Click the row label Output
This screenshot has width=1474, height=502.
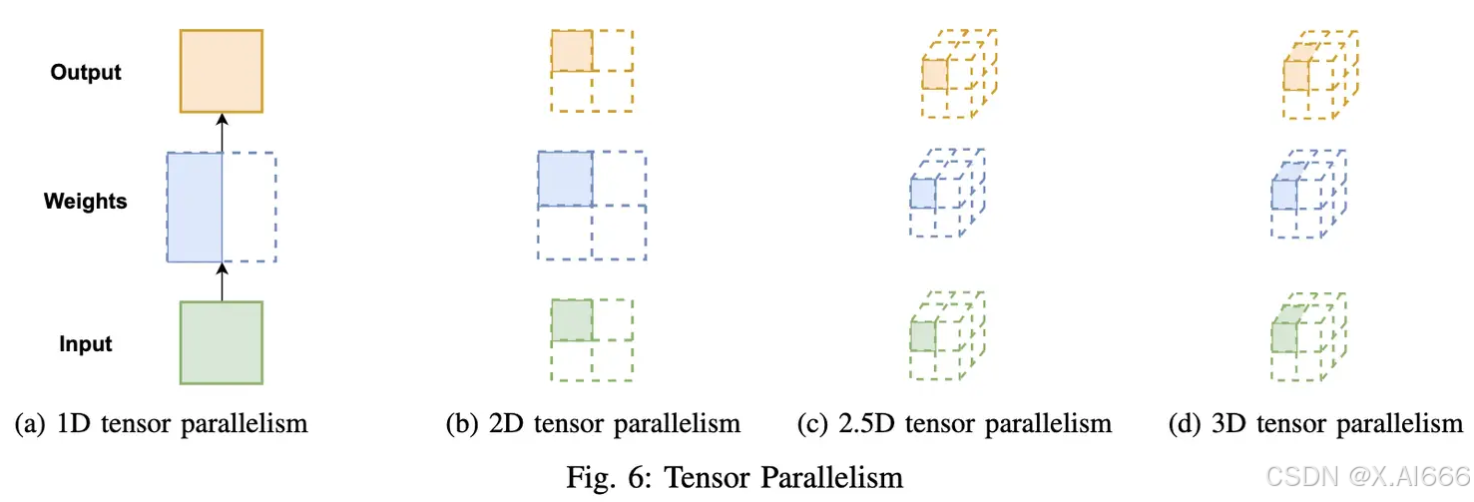86,73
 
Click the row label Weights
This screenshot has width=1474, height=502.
86,202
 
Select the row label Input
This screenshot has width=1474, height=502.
86,344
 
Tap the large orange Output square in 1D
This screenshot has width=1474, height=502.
221,71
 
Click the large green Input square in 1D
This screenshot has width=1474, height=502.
221,342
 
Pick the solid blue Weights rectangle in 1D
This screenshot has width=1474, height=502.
195,207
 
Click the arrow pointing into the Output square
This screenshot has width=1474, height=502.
222,131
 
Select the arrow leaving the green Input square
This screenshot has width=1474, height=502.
222,281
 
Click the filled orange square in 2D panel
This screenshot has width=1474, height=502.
572,51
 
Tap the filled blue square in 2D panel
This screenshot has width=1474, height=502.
566,179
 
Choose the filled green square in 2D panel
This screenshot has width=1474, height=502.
572,320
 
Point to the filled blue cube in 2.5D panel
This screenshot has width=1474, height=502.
924,194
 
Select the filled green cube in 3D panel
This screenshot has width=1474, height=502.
1284,335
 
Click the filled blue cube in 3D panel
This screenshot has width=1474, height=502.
1284,192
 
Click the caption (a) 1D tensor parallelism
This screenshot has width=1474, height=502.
161,424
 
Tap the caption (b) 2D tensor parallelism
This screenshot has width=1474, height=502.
593,424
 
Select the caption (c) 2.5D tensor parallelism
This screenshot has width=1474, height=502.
955,424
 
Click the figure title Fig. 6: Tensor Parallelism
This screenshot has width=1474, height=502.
737,476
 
